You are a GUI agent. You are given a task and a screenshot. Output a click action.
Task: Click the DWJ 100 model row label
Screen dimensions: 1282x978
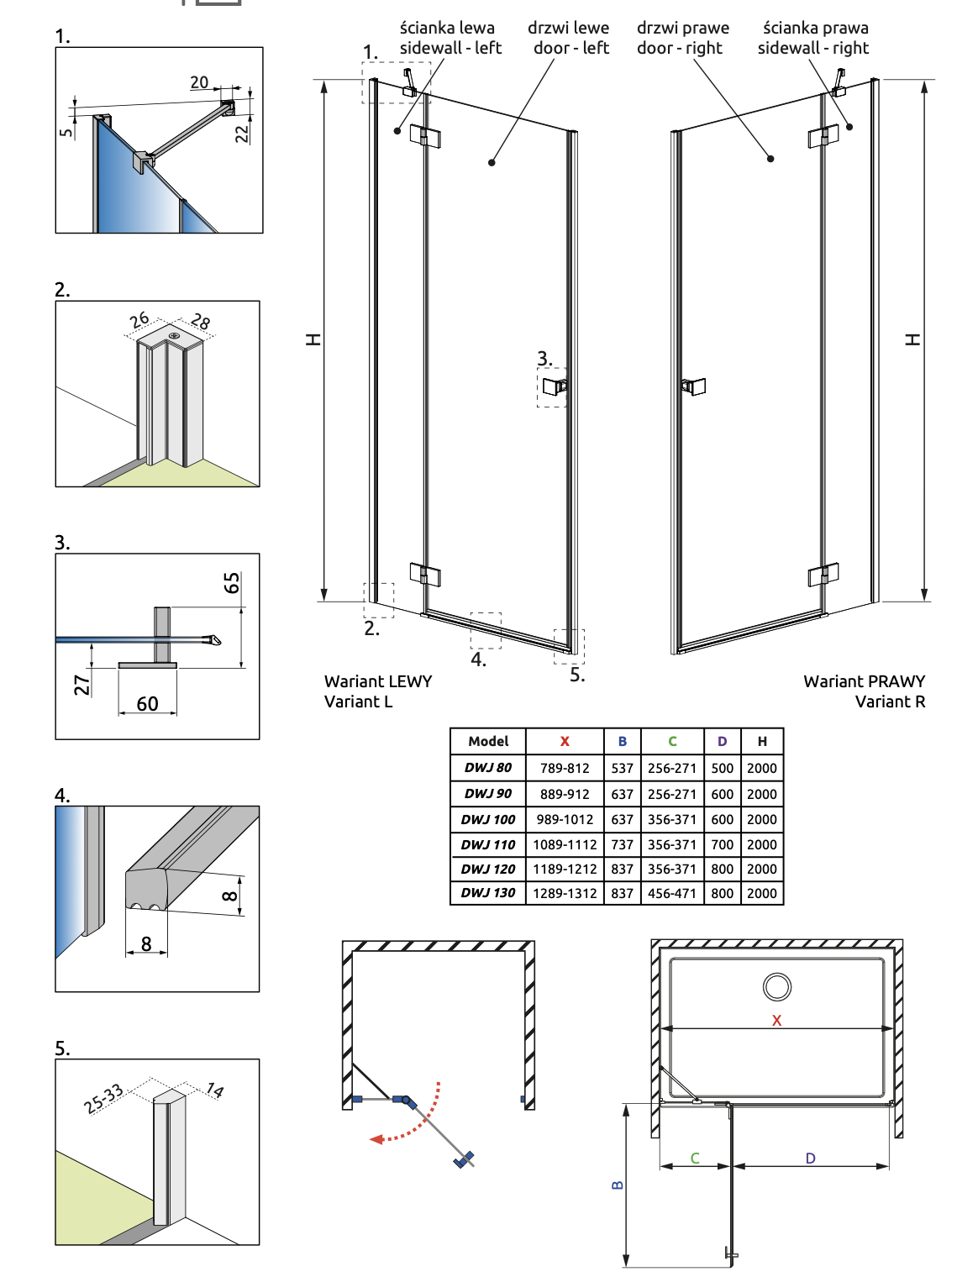tap(488, 819)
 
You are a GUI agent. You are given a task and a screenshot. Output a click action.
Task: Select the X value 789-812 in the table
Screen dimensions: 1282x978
tap(565, 768)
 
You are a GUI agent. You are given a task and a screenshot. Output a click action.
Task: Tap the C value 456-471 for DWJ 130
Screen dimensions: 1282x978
tap(672, 893)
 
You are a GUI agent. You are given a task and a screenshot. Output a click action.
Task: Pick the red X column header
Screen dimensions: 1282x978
tap(565, 741)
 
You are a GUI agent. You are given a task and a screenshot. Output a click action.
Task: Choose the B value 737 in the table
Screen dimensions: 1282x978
tap(622, 844)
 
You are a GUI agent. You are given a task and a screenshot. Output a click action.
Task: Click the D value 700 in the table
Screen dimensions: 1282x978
tap(722, 844)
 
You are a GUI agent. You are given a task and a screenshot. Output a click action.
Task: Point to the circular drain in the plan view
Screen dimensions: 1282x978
tap(777, 987)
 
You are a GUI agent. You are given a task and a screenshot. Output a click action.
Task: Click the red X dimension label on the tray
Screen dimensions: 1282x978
tap(776, 1021)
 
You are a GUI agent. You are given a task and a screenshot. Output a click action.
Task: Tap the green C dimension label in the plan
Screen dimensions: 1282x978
tap(695, 1158)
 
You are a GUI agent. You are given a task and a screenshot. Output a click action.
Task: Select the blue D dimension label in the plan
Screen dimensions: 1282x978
tap(810, 1158)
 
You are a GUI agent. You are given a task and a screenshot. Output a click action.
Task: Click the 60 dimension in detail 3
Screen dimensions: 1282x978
tap(147, 703)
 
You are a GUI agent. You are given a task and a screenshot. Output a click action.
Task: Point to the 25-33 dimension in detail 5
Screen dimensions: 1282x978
tap(103, 1098)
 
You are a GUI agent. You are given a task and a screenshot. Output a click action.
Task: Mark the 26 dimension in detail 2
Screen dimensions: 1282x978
tap(139, 319)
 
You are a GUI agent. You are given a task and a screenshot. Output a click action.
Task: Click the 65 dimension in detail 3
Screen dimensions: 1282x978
tap(232, 582)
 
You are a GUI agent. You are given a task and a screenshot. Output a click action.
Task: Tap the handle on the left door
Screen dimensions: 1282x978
tap(555, 386)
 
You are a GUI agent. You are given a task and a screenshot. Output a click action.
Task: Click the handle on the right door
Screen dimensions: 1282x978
tap(693, 386)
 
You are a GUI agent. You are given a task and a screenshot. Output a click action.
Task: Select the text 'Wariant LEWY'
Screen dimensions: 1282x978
tap(378, 681)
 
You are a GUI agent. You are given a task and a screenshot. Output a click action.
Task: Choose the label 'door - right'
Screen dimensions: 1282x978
tap(679, 48)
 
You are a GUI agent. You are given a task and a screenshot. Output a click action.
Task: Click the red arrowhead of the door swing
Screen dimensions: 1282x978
tap(377, 1139)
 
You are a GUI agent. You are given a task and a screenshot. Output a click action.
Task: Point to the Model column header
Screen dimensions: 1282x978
tap(488, 741)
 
